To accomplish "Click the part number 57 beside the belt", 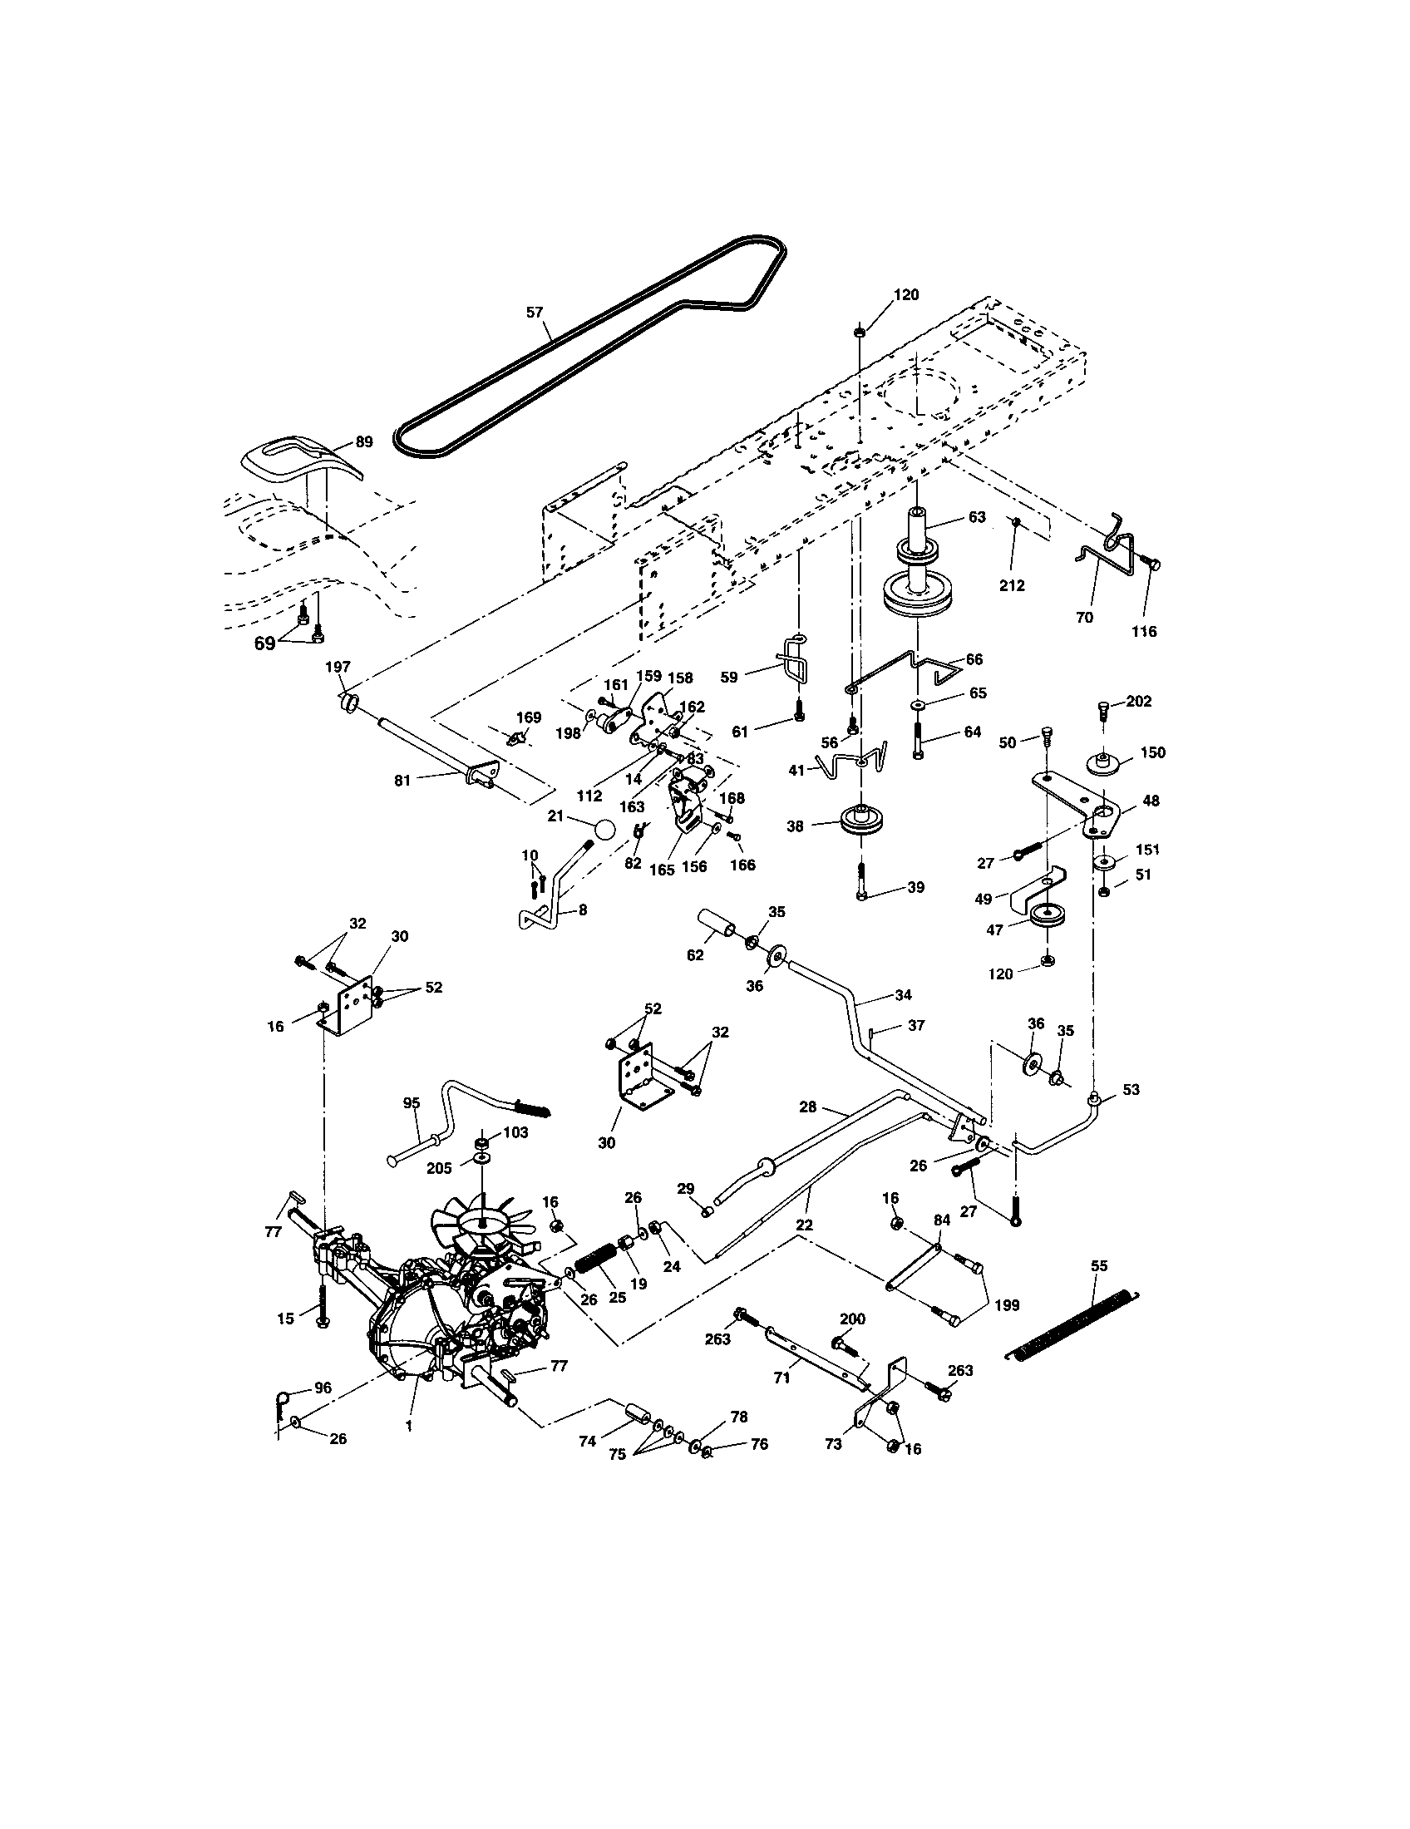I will [535, 313].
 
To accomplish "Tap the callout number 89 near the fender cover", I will [363, 441].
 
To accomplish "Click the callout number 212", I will [1012, 585].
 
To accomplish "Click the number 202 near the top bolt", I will [1139, 701].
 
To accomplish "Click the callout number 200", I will [852, 1319].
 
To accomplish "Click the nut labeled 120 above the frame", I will [860, 333].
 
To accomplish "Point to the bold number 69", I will [264, 644].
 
